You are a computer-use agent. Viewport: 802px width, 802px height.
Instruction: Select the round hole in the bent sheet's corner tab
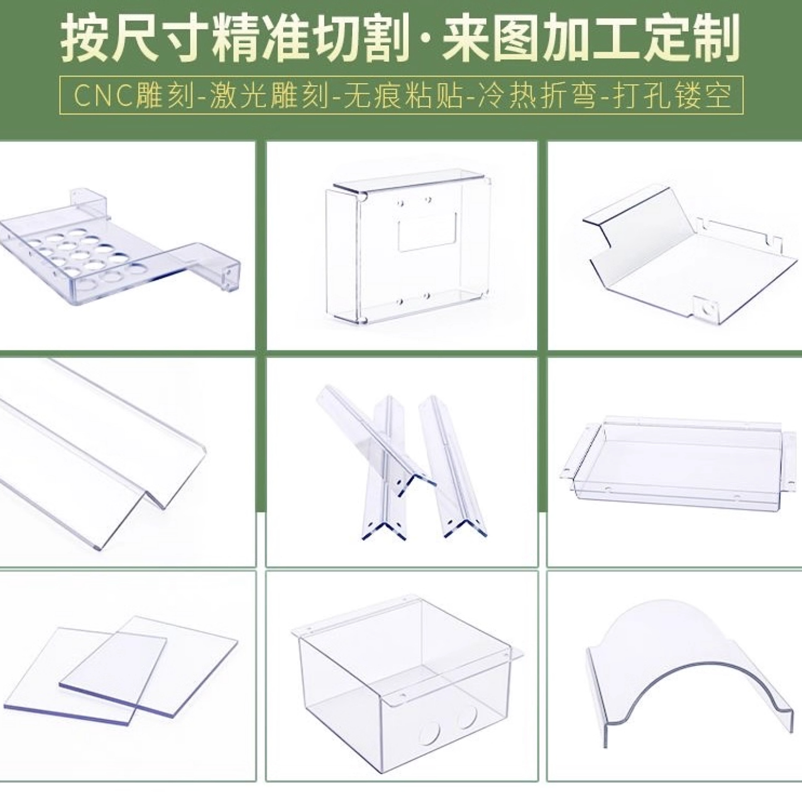709,309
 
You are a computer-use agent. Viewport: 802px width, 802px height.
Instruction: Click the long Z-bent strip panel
95,446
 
